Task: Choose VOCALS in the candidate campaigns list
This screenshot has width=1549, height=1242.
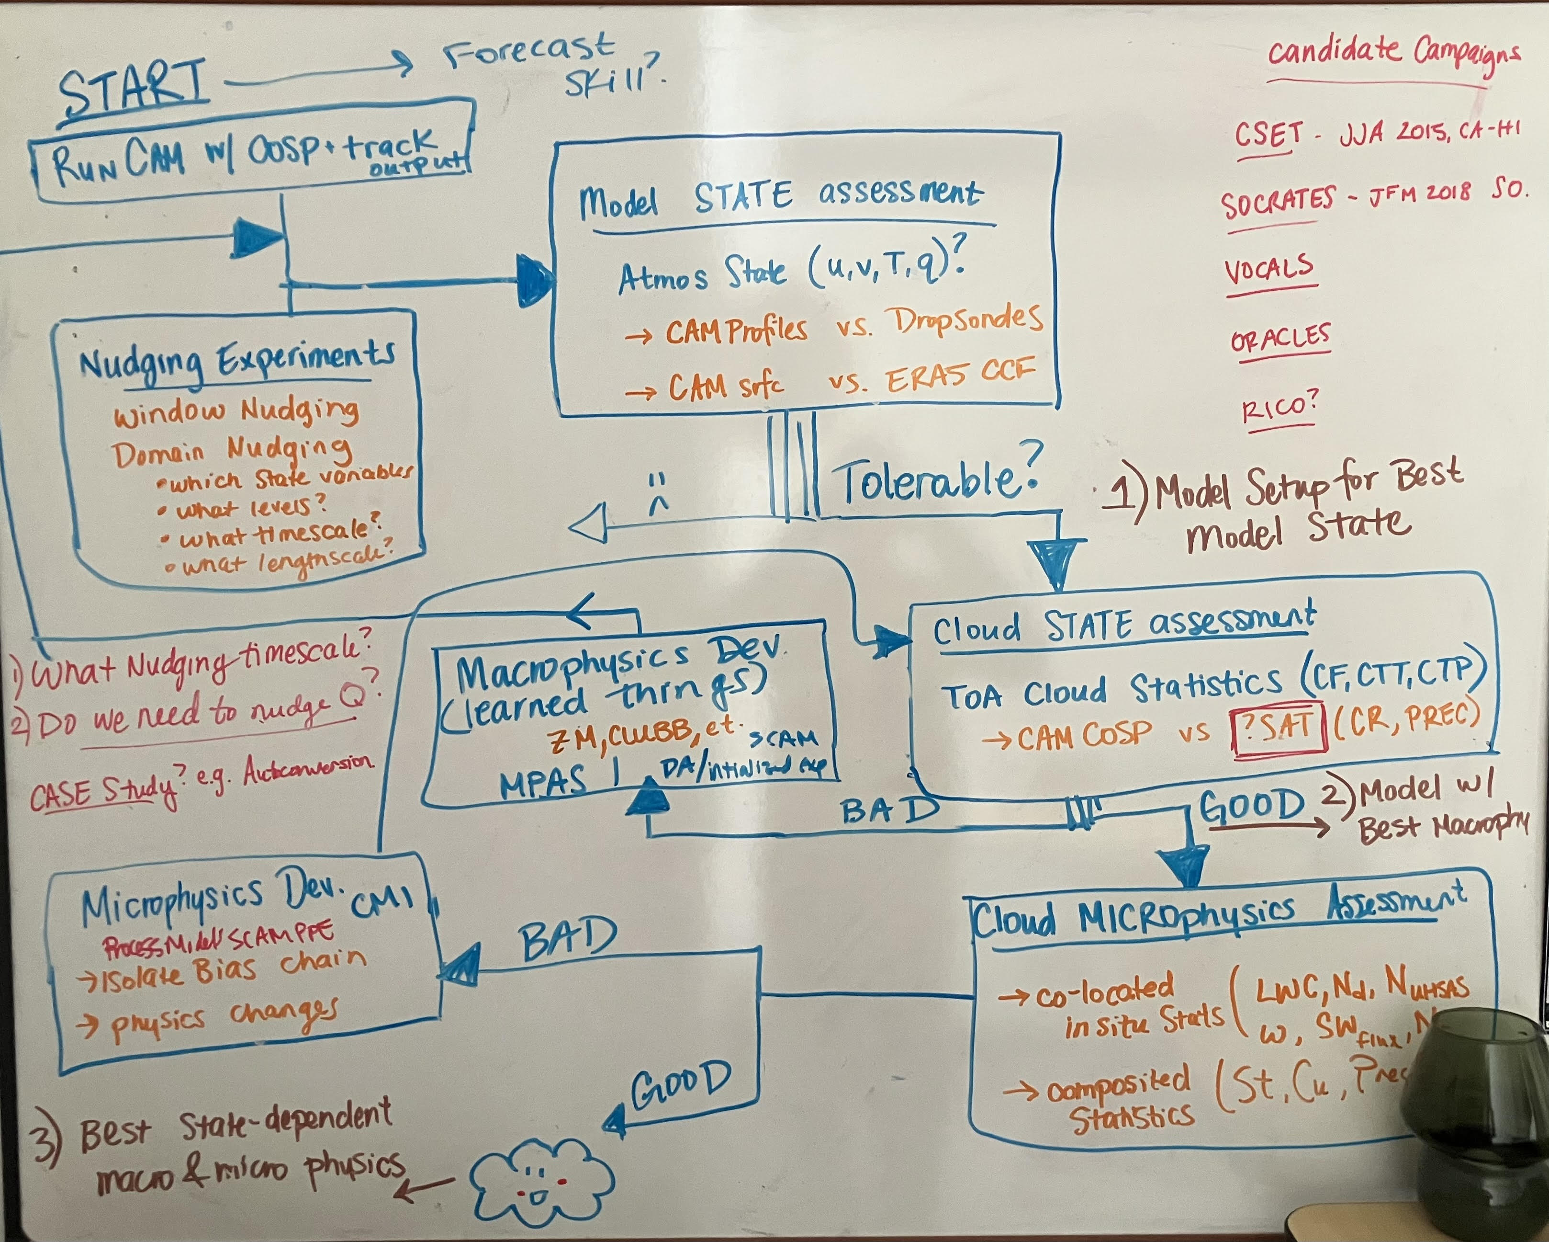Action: (1269, 270)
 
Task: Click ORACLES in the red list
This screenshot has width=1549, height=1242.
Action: (1280, 337)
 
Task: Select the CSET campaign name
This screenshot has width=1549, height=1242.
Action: (1268, 135)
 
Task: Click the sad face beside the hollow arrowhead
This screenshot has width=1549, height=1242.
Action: (657, 494)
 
